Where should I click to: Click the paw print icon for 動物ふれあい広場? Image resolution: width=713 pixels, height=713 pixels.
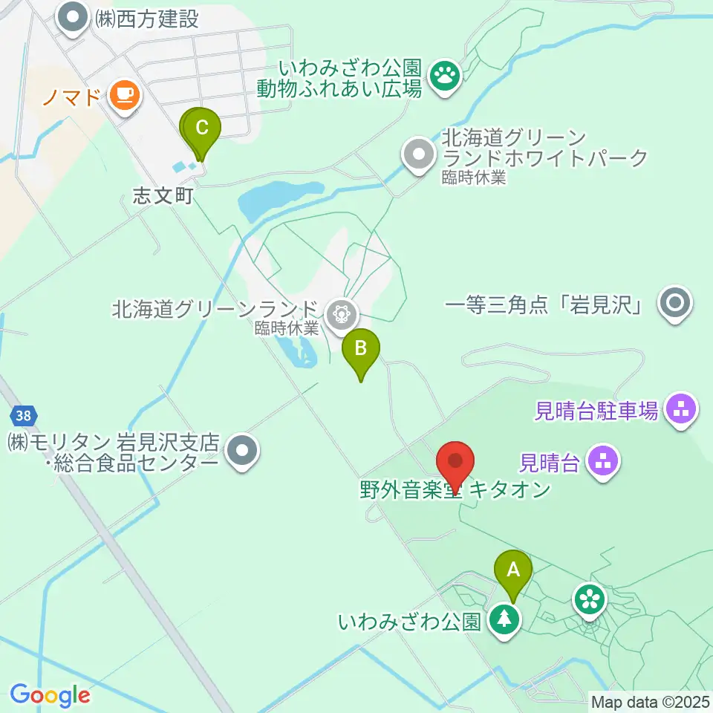tap(445, 74)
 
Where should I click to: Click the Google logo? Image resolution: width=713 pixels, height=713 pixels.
tap(50, 695)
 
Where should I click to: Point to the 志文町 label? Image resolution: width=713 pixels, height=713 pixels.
tap(163, 196)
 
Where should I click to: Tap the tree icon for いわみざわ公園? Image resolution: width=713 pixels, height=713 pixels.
tap(505, 618)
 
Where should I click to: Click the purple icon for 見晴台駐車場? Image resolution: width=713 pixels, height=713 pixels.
tap(680, 408)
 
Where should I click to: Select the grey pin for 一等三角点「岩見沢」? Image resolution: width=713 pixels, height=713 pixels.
tap(674, 303)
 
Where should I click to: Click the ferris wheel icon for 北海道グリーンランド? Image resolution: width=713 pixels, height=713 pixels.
tap(341, 313)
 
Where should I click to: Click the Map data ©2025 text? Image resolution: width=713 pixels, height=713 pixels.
tap(651, 701)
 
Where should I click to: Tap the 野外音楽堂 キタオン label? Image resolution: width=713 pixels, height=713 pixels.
tap(455, 490)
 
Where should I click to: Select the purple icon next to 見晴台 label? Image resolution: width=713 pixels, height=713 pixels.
tap(603, 462)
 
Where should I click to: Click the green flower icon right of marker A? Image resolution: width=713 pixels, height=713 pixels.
tap(590, 597)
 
